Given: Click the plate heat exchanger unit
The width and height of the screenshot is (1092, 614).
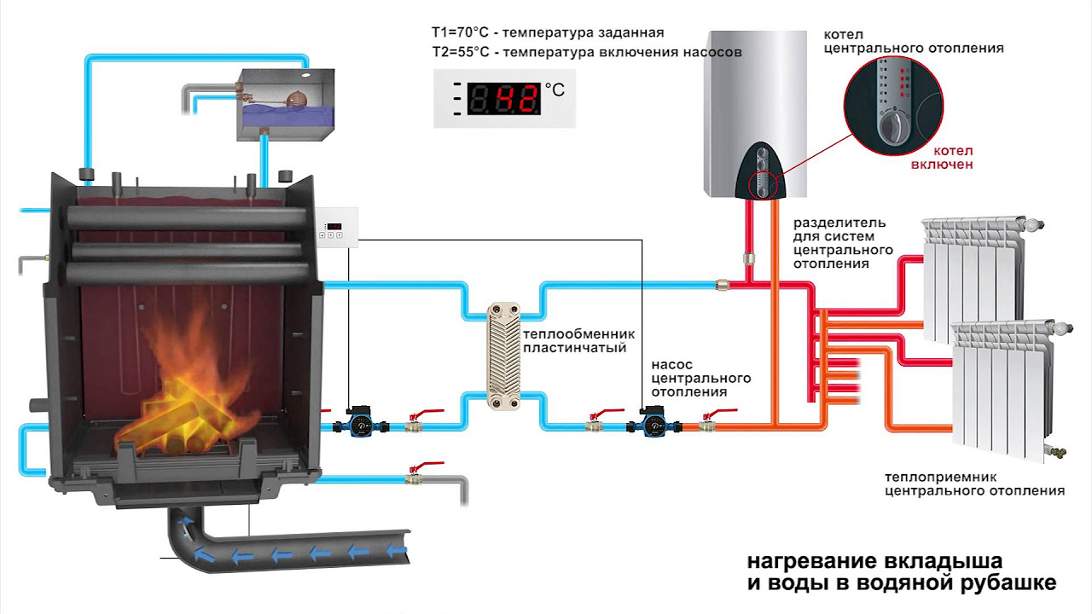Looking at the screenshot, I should (502, 356).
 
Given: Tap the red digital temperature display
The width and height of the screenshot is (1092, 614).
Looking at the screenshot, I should (505, 98).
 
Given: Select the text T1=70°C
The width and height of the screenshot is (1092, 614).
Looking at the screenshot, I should (462, 33).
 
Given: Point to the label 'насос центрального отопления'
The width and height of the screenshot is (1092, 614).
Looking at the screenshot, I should (700, 377).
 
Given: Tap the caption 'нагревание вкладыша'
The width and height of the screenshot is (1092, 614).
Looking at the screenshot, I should (874, 562).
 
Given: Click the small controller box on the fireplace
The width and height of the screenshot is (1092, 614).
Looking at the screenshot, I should (335, 229).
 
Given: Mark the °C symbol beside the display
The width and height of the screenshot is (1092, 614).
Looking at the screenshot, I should (555, 89).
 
